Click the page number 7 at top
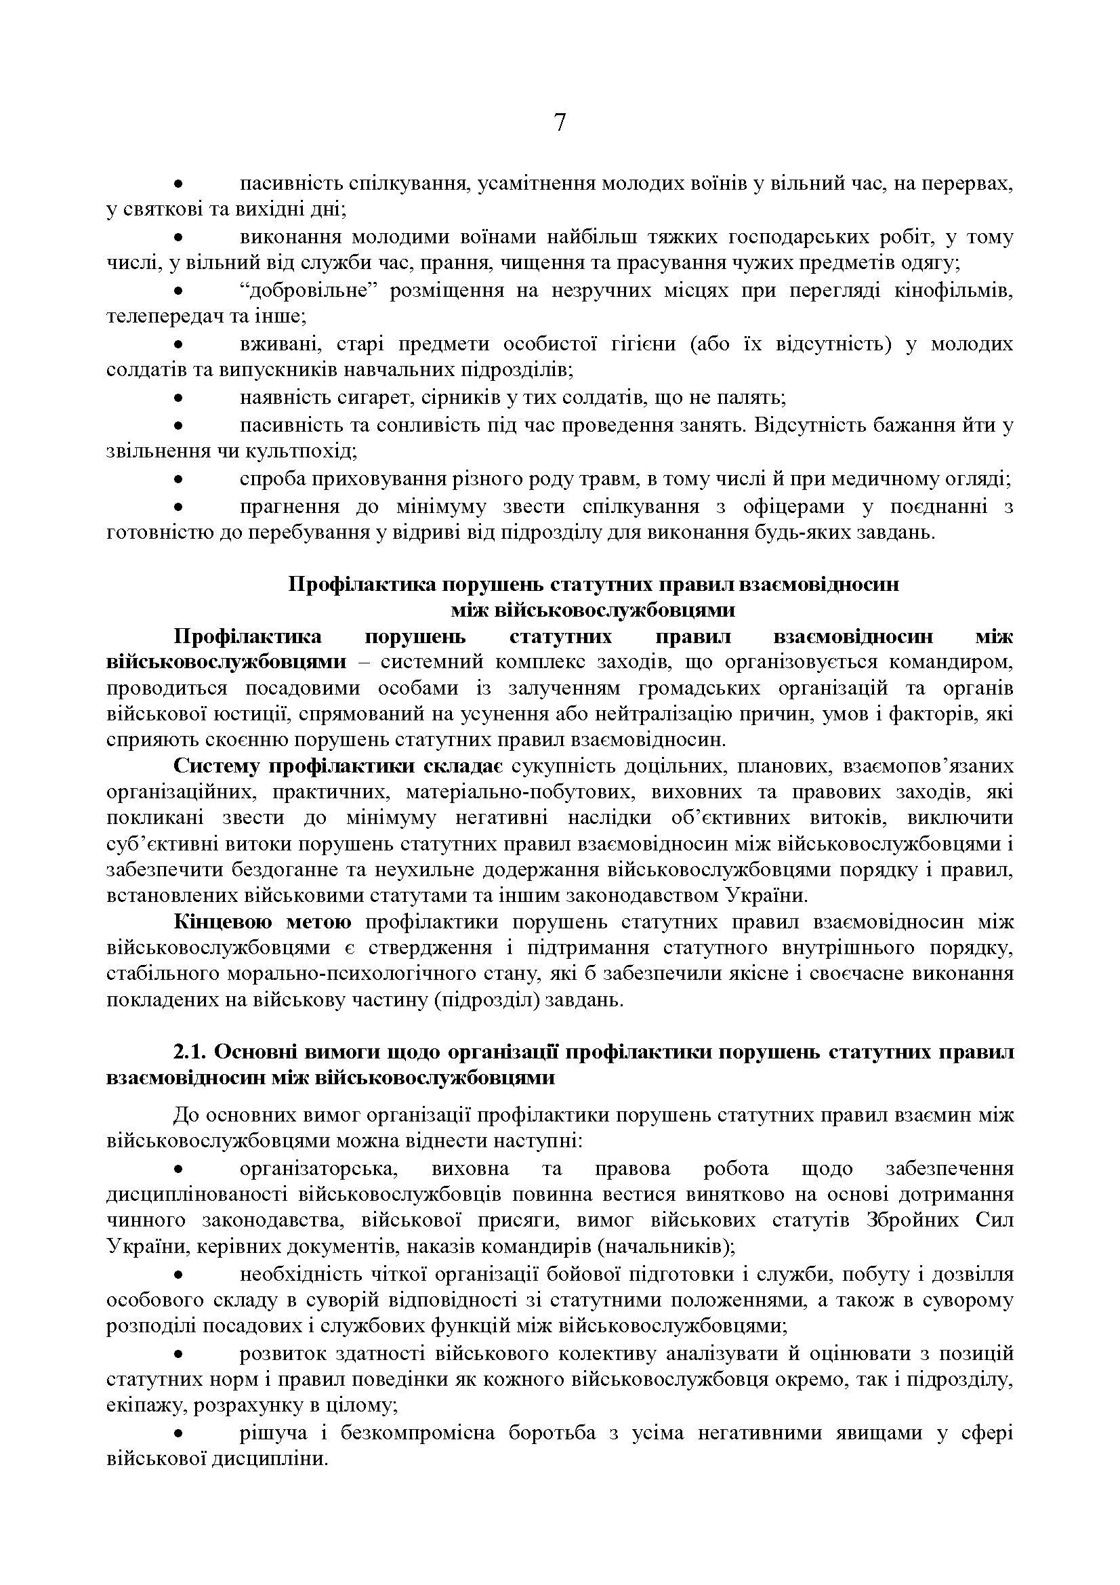tap(560, 123)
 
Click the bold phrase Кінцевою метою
tap(262, 922)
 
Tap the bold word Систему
tap(216, 766)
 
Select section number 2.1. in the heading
tap(190, 1052)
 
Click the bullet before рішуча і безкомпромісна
tap(178, 1433)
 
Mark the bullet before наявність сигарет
tap(178, 399)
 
